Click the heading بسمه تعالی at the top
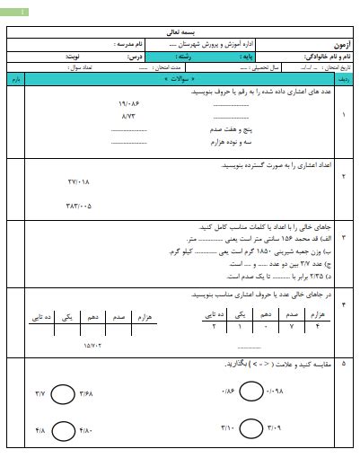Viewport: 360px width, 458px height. coord(180,31)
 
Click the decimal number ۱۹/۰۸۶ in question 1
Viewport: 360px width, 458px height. coord(131,104)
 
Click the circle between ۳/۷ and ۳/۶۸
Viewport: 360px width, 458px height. coord(63,393)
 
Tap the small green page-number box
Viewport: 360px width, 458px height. coord(19,12)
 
